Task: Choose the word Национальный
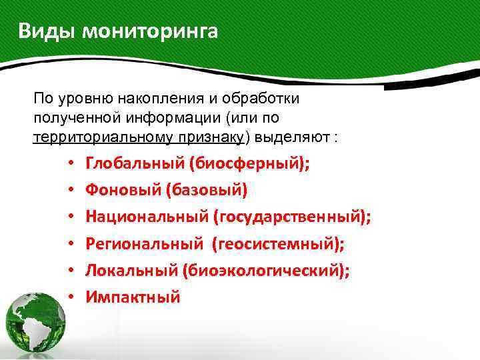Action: (147, 217)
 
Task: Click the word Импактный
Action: (133, 297)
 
